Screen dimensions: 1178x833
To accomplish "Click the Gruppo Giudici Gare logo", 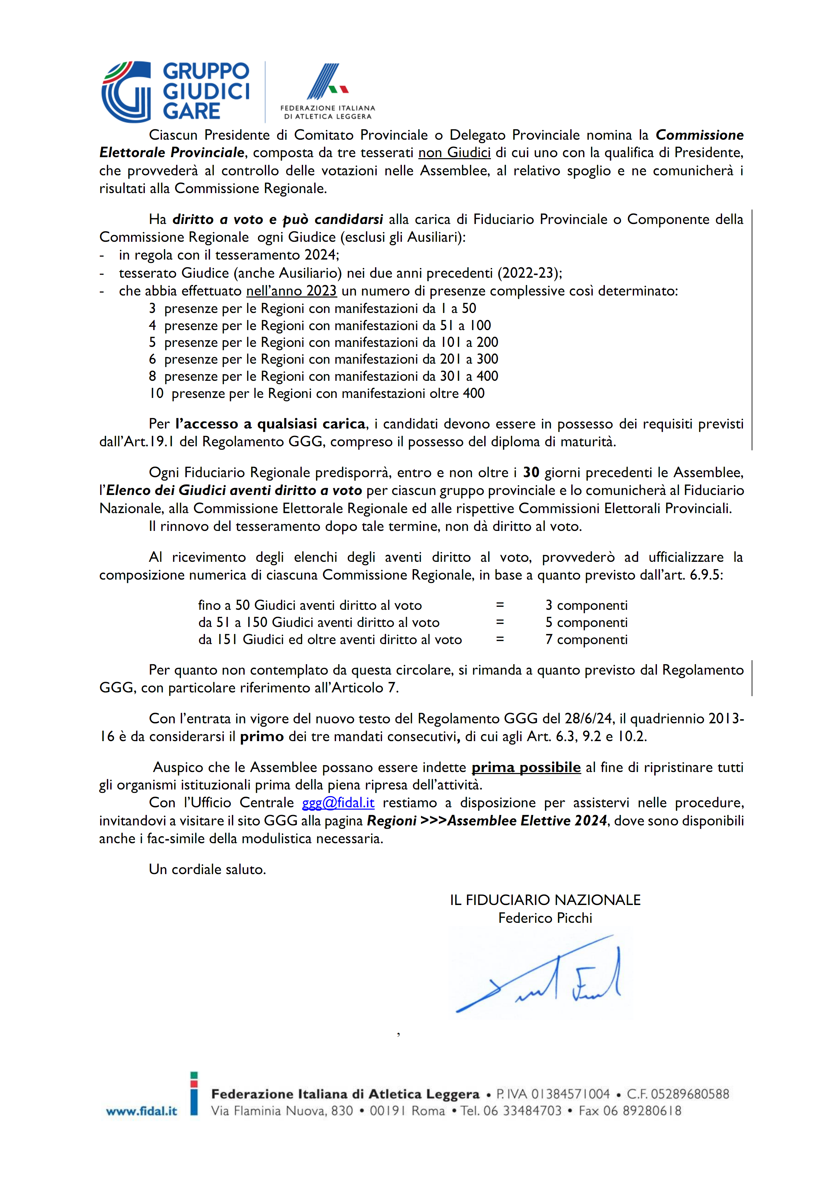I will [175, 91].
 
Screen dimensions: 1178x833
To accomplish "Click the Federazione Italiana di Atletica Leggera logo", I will [327, 91].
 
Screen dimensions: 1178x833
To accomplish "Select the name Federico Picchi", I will [545, 918].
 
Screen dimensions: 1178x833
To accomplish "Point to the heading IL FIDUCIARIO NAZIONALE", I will [545, 900].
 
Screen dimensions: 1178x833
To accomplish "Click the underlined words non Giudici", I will [454, 152].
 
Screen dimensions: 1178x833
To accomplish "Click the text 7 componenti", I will [586, 639].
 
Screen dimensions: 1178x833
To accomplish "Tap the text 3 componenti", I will [586, 605].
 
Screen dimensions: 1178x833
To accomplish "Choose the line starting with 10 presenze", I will [317, 394].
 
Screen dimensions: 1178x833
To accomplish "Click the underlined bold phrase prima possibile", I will [526, 768].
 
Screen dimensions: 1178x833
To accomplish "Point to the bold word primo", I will [262, 737].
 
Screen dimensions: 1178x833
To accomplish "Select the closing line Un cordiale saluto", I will [207, 869].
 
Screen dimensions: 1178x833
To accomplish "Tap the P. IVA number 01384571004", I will [570, 1094].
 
